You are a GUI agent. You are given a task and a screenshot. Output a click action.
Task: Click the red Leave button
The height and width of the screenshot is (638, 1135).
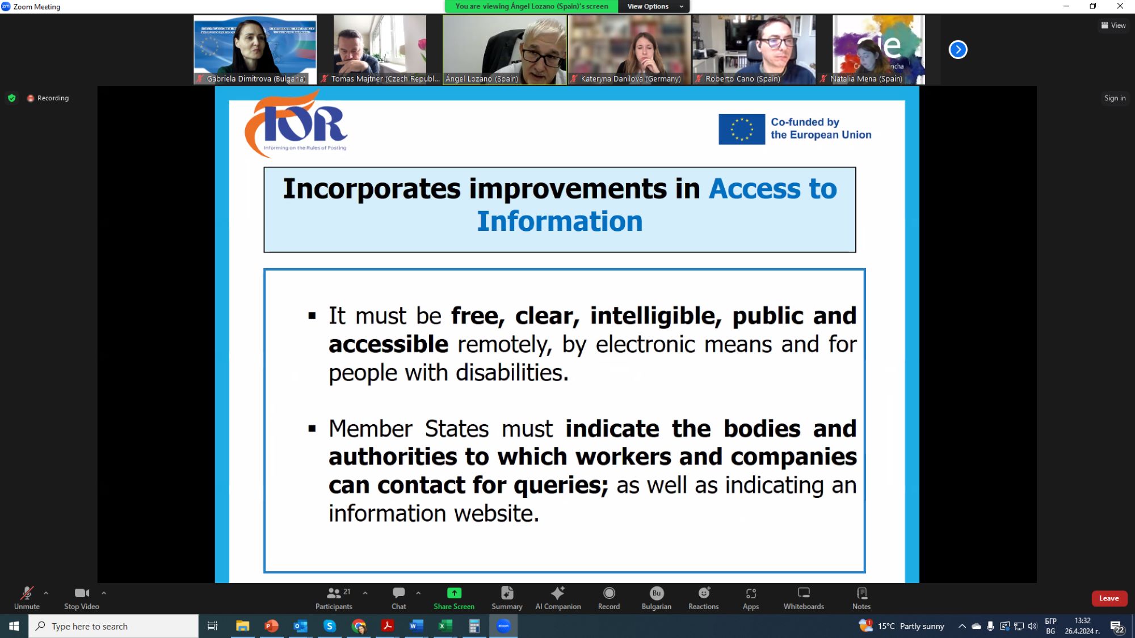coord(1109,598)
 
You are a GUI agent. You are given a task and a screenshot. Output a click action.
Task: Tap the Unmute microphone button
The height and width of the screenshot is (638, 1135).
coord(27,598)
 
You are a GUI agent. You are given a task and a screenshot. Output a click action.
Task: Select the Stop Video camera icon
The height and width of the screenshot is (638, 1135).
coord(82,593)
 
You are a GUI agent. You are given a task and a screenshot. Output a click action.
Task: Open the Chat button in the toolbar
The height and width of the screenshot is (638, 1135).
coord(399,598)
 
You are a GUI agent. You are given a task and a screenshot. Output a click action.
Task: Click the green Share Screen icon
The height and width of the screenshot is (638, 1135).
coord(454,593)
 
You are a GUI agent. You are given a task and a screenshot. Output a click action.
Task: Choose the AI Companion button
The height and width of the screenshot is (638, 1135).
coord(558,598)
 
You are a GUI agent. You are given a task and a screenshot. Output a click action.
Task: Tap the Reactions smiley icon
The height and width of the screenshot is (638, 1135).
coord(704,593)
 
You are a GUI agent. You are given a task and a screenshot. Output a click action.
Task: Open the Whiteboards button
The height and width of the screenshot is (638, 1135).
coord(804,598)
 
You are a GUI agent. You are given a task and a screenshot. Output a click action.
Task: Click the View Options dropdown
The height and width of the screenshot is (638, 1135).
coord(654,6)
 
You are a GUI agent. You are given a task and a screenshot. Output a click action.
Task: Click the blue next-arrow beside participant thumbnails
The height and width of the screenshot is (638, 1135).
coord(958,50)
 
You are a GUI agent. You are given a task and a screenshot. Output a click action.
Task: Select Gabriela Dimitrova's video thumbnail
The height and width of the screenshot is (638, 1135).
coord(255,50)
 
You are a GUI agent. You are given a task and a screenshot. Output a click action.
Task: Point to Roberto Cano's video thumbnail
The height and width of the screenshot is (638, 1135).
coord(754,50)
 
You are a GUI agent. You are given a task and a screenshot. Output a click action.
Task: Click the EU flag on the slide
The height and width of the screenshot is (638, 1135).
coord(742,129)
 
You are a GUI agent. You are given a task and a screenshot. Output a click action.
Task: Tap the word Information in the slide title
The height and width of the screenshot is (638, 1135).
coord(560,221)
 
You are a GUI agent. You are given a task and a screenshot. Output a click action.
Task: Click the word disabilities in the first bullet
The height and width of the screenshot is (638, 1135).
coord(512,373)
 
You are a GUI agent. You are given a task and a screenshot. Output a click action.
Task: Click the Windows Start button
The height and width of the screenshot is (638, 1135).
coord(14,626)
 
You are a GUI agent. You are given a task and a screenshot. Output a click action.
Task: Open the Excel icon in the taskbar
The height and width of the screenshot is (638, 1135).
coord(445,626)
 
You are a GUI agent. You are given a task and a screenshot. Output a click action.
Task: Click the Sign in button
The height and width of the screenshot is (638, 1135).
coord(1115,98)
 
